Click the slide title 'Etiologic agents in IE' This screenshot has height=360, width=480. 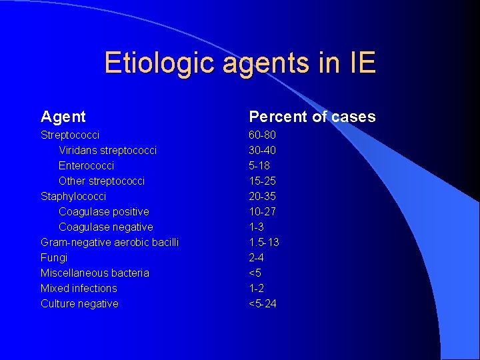(x=240, y=63)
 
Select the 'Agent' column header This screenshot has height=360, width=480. (x=63, y=117)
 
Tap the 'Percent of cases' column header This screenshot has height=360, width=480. (x=312, y=117)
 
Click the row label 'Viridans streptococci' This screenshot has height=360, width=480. (x=107, y=150)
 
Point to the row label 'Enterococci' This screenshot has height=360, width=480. (x=86, y=165)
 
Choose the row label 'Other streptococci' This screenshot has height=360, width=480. (x=101, y=181)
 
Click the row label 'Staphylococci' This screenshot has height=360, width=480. (x=73, y=196)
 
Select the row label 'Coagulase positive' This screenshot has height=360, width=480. (x=103, y=211)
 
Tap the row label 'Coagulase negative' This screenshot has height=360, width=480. (x=105, y=227)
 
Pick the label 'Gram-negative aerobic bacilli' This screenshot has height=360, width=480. (x=109, y=242)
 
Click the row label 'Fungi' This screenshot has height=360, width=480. (x=54, y=257)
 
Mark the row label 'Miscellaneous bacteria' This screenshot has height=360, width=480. (x=95, y=273)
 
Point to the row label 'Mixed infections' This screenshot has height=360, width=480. (x=79, y=288)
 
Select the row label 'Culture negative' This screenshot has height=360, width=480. (x=79, y=303)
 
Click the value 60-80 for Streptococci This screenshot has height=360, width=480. (x=262, y=135)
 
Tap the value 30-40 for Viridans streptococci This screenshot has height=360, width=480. (x=262, y=150)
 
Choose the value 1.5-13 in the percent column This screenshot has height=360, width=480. (x=264, y=242)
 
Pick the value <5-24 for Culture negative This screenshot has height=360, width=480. (x=263, y=303)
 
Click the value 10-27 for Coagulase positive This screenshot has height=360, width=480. (x=262, y=211)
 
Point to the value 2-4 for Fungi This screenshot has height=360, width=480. (x=257, y=257)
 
